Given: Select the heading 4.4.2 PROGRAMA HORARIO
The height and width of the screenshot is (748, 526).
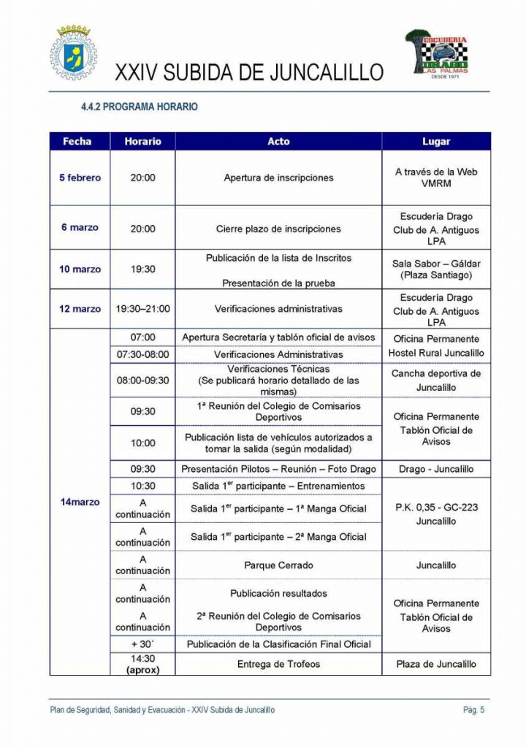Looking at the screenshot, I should (139, 107).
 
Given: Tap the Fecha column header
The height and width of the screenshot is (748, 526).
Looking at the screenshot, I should (77, 142).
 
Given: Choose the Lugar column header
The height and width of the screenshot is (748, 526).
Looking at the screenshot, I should (436, 142).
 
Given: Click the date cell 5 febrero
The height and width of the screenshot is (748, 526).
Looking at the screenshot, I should (80, 178).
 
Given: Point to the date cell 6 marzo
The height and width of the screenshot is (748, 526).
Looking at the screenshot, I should (80, 228).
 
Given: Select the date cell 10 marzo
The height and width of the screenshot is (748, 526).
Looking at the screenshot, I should (80, 269).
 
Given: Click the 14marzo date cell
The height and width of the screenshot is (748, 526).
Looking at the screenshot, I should (80, 502).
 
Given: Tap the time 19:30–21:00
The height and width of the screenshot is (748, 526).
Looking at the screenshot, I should (142, 309).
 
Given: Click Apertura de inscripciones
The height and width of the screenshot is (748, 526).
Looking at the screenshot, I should (278, 178).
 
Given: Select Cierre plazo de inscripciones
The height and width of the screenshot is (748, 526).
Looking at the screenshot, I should (278, 229).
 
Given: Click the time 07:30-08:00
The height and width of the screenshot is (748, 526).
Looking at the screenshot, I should (142, 354).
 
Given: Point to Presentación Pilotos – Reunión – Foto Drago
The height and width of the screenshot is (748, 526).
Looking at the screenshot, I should (278, 469).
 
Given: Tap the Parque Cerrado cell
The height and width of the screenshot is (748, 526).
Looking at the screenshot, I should (278, 565).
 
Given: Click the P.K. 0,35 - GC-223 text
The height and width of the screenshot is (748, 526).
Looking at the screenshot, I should (436, 507).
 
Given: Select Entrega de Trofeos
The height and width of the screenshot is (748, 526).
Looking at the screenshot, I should (278, 664).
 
